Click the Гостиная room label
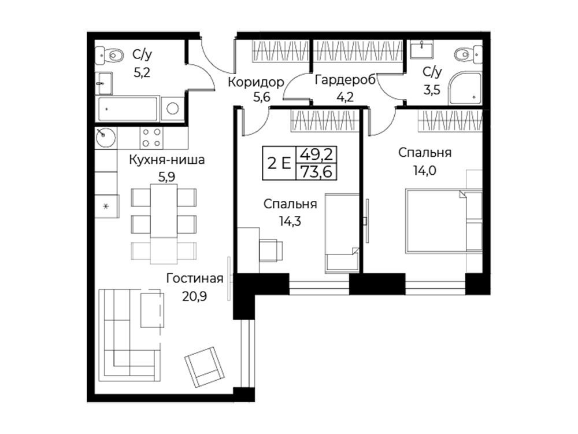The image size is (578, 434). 195,278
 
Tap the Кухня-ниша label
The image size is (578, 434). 166,160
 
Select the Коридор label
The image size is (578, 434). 256,82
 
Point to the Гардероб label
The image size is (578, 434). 345,80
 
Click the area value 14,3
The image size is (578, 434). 290,221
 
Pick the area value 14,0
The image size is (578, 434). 425,171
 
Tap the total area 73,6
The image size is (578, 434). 317,172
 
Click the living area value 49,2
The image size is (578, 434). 317,155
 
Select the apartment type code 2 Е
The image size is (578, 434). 279,163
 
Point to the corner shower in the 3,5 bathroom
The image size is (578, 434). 465,88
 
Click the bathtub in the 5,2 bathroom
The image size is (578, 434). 128,109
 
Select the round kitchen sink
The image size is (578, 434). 105,137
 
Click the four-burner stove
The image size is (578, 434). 151,138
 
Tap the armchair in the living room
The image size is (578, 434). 205,367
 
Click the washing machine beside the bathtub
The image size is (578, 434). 172,109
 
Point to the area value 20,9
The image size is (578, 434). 195,296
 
